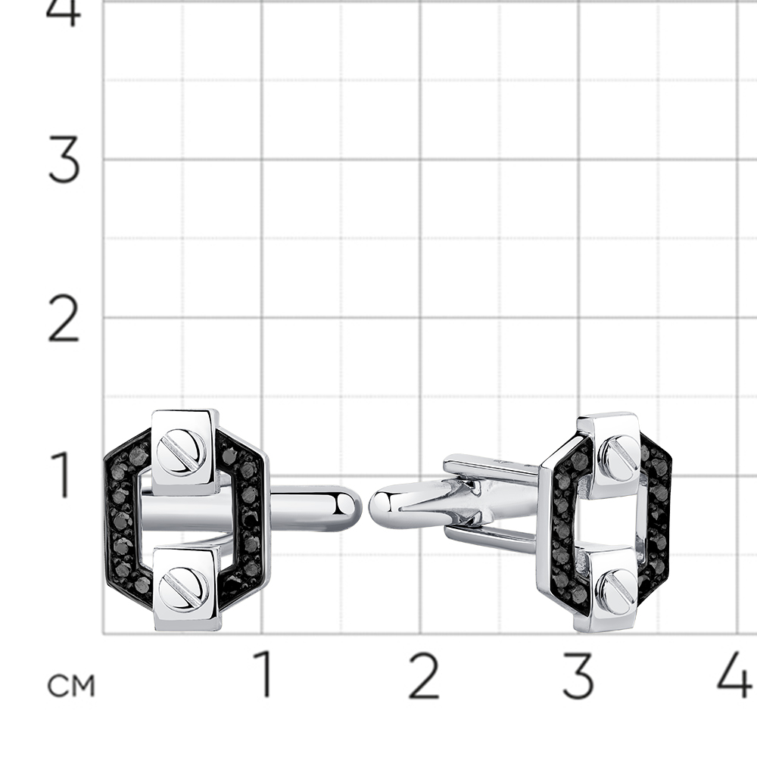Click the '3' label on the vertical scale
[x=64, y=159]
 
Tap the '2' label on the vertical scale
[x=64, y=319]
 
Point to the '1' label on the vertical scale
[x=63, y=475]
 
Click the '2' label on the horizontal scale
[x=423, y=675]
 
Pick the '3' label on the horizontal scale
[x=578, y=675]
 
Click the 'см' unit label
[x=71, y=684]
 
